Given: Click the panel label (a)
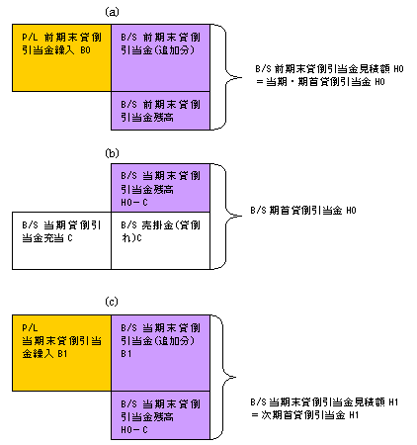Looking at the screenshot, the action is pyautogui.click(x=112, y=12).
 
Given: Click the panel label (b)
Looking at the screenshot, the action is pyautogui.click(x=112, y=153).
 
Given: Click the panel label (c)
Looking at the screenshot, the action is pyautogui.click(x=112, y=302).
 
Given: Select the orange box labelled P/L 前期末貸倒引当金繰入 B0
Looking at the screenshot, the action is pyautogui.click(x=61, y=57).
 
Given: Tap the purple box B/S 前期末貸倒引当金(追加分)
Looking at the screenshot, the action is pyautogui.click(x=160, y=57).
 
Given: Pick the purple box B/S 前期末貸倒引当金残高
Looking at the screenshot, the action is pyautogui.click(x=160, y=111).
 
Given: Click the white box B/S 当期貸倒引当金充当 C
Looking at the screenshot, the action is pyautogui.click(x=61, y=240).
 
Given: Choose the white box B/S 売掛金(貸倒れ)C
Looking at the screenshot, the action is pyautogui.click(x=160, y=240).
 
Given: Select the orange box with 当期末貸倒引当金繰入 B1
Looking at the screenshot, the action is pyautogui.click(x=61, y=353).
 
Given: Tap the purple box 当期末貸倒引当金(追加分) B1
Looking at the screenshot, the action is pyautogui.click(x=160, y=353).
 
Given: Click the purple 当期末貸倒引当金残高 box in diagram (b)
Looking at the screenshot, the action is pyautogui.click(x=160, y=188).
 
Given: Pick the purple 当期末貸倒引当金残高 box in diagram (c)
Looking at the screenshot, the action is pyautogui.click(x=160, y=415).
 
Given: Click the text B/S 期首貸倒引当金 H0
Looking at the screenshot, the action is pyautogui.click(x=303, y=211).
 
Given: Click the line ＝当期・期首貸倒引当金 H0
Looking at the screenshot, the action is pyautogui.click(x=320, y=82).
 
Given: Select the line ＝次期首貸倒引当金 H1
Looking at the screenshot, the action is pyautogui.click(x=304, y=415).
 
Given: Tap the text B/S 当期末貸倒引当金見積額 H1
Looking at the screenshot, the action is pyautogui.click(x=324, y=402).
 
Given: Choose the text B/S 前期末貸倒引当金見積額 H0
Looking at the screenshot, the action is pyautogui.click(x=329, y=69).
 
